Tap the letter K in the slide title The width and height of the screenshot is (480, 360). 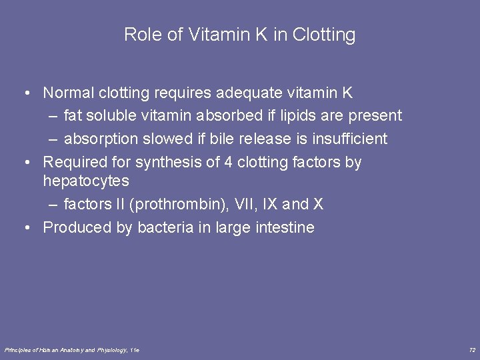259,35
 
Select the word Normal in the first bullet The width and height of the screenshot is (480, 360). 69,93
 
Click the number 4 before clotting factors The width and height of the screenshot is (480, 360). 229,162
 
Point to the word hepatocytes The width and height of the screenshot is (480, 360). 86,181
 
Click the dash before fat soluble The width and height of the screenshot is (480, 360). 53,116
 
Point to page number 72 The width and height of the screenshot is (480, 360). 472,350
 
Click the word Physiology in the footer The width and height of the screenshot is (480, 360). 111,350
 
